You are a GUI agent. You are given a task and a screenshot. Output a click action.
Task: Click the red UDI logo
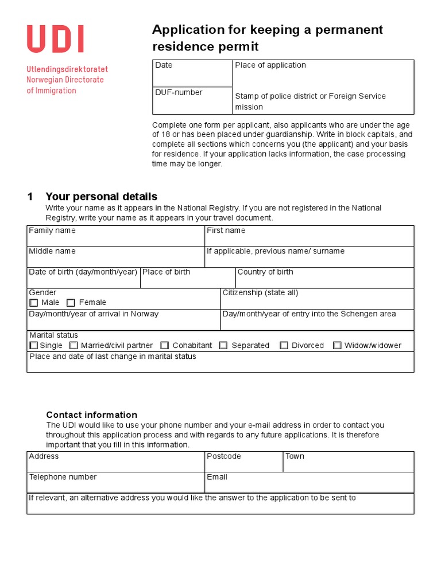[x=56, y=40]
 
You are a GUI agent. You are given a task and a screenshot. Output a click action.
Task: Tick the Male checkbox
[x=34, y=303]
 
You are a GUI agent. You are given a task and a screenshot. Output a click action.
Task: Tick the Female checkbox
[x=71, y=303]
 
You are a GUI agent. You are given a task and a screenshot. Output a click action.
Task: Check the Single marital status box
[x=34, y=346]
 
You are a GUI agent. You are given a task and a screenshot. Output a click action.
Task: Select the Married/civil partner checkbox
[x=73, y=346]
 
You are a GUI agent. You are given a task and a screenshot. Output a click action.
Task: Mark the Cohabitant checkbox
[x=165, y=346]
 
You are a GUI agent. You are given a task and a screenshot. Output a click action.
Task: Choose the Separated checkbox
[x=223, y=346]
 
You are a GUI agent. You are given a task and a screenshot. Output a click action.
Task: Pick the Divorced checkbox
[x=284, y=346]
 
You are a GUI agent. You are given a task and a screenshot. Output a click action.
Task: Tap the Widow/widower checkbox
[x=337, y=346]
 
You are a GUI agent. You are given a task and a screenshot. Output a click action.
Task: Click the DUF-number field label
[x=179, y=92]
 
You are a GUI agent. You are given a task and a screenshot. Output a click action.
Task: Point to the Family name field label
[x=52, y=230]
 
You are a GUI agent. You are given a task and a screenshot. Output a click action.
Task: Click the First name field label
[x=226, y=230]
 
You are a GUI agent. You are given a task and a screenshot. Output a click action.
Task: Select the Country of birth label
[x=265, y=272]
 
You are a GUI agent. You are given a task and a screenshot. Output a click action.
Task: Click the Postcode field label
[x=224, y=456]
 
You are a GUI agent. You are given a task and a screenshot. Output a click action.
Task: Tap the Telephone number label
[x=63, y=477]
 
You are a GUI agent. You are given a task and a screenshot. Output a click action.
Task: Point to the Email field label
[x=217, y=477]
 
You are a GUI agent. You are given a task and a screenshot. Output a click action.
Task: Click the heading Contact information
[x=91, y=415]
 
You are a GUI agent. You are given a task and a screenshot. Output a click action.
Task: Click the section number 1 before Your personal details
[x=30, y=197]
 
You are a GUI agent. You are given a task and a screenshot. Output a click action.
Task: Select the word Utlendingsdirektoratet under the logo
[x=67, y=69]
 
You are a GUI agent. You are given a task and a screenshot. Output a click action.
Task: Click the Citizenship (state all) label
[x=260, y=292]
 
